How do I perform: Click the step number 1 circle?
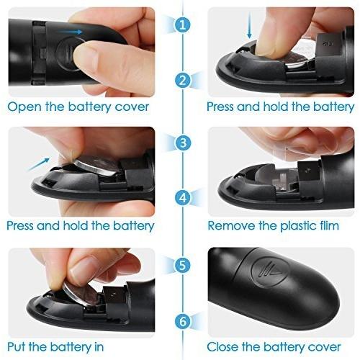click(x=183, y=24)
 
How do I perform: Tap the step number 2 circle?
click(x=183, y=81)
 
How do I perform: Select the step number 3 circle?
click(x=183, y=143)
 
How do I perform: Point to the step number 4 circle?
click(x=183, y=198)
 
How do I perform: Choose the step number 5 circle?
click(x=183, y=265)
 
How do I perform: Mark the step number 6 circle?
click(x=183, y=321)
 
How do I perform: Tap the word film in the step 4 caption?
click(x=329, y=225)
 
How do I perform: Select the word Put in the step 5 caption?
click(x=17, y=346)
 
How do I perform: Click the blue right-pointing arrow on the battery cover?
click(x=71, y=32)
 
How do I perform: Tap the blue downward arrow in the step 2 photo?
click(x=249, y=25)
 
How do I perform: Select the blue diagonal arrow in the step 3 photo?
click(x=39, y=164)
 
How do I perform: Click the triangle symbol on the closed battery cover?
click(x=274, y=271)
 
